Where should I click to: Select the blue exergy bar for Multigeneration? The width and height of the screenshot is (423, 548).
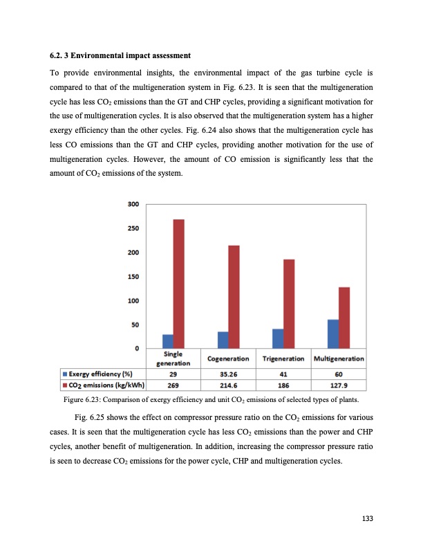[x=332, y=334]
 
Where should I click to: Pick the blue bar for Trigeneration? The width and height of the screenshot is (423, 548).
[x=278, y=338]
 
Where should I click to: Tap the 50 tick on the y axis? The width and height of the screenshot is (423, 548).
[x=135, y=325]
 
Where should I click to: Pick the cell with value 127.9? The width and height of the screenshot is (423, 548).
[x=339, y=385]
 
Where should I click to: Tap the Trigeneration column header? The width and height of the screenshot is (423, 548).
[x=283, y=358]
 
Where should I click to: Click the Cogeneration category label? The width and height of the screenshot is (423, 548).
[x=228, y=358]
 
